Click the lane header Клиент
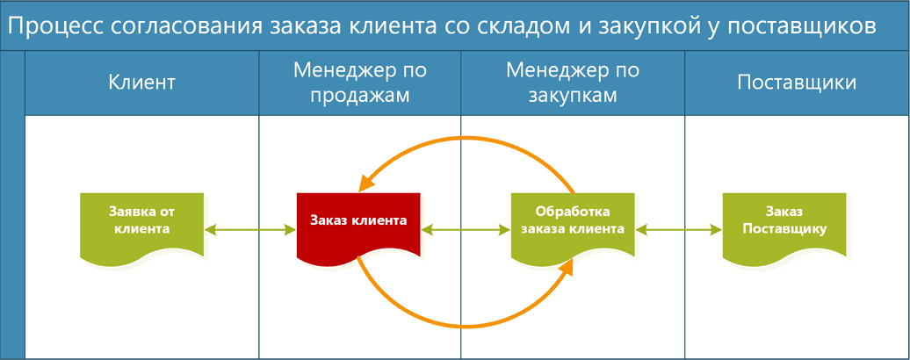(x=141, y=83)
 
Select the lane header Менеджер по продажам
(x=360, y=83)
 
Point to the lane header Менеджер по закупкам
(x=573, y=83)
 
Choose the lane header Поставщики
(x=797, y=83)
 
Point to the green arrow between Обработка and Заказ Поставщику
(x=678, y=230)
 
